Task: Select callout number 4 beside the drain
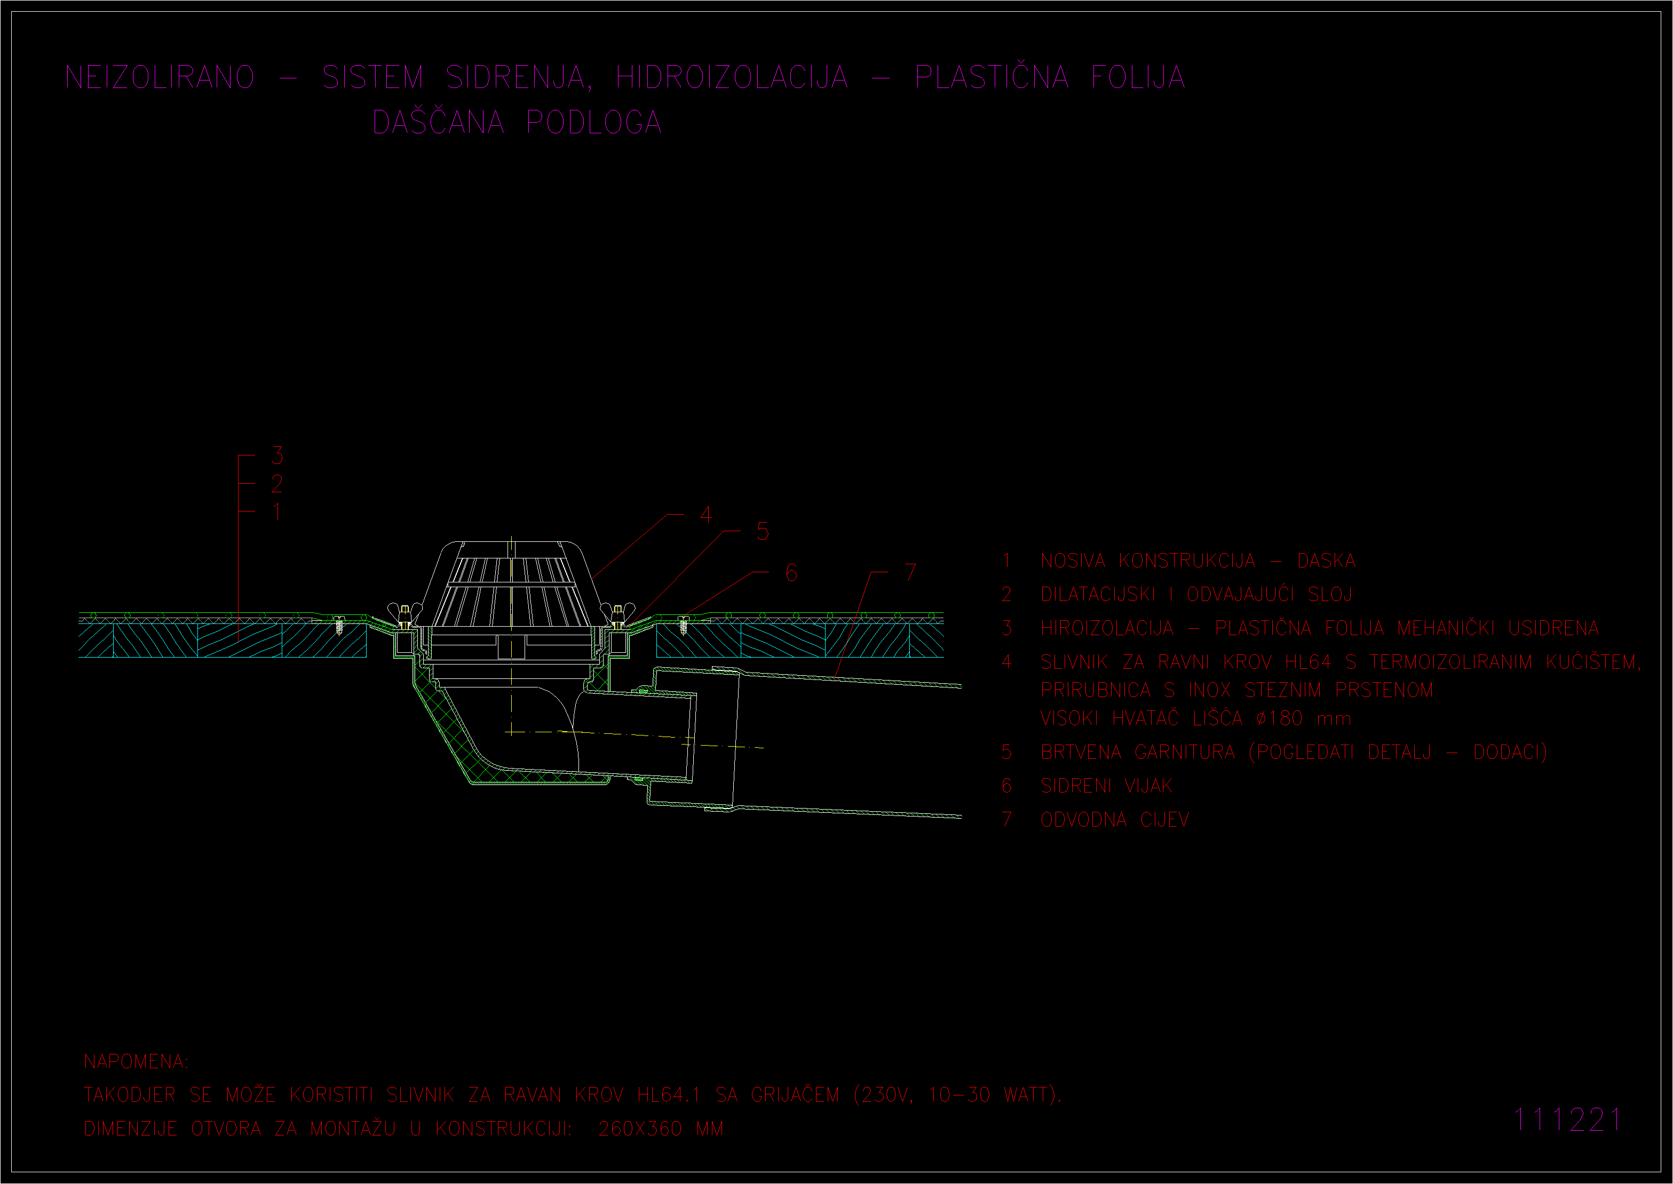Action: click(x=706, y=515)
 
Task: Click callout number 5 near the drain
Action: click(x=763, y=532)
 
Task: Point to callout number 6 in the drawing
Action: click(x=791, y=572)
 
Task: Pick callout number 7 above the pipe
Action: click(x=910, y=572)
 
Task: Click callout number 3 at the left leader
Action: click(x=277, y=455)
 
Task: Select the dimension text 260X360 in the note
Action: click(x=640, y=1129)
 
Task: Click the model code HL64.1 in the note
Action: click(x=669, y=1095)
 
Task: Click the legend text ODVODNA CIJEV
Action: click(x=1114, y=820)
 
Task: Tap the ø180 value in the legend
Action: click(x=1279, y=718)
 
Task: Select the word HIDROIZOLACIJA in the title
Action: click(x=732, y=77)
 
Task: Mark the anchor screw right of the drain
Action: click(x=684, y=625)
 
